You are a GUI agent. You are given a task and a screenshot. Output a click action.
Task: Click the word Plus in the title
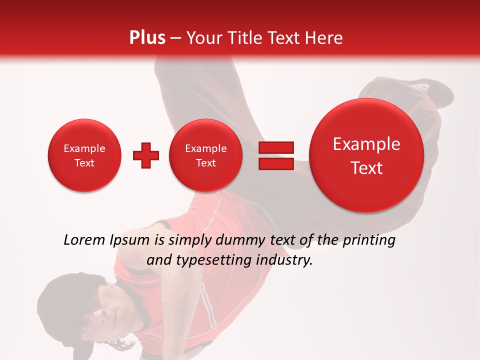[147, 38]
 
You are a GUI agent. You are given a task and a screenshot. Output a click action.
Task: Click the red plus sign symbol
[146, 155]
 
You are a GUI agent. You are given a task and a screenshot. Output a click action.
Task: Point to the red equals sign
[276, 155]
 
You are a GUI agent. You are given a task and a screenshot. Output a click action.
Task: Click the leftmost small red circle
[84, 155]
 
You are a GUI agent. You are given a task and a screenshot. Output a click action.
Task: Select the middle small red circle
[206, 155]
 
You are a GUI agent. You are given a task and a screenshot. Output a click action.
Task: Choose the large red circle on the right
[366, 155]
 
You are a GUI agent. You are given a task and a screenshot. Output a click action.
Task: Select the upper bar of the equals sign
[276, 148]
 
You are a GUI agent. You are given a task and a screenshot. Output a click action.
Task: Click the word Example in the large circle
[366, 144]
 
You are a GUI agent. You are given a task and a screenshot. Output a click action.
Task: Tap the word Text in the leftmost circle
[84, 163]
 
